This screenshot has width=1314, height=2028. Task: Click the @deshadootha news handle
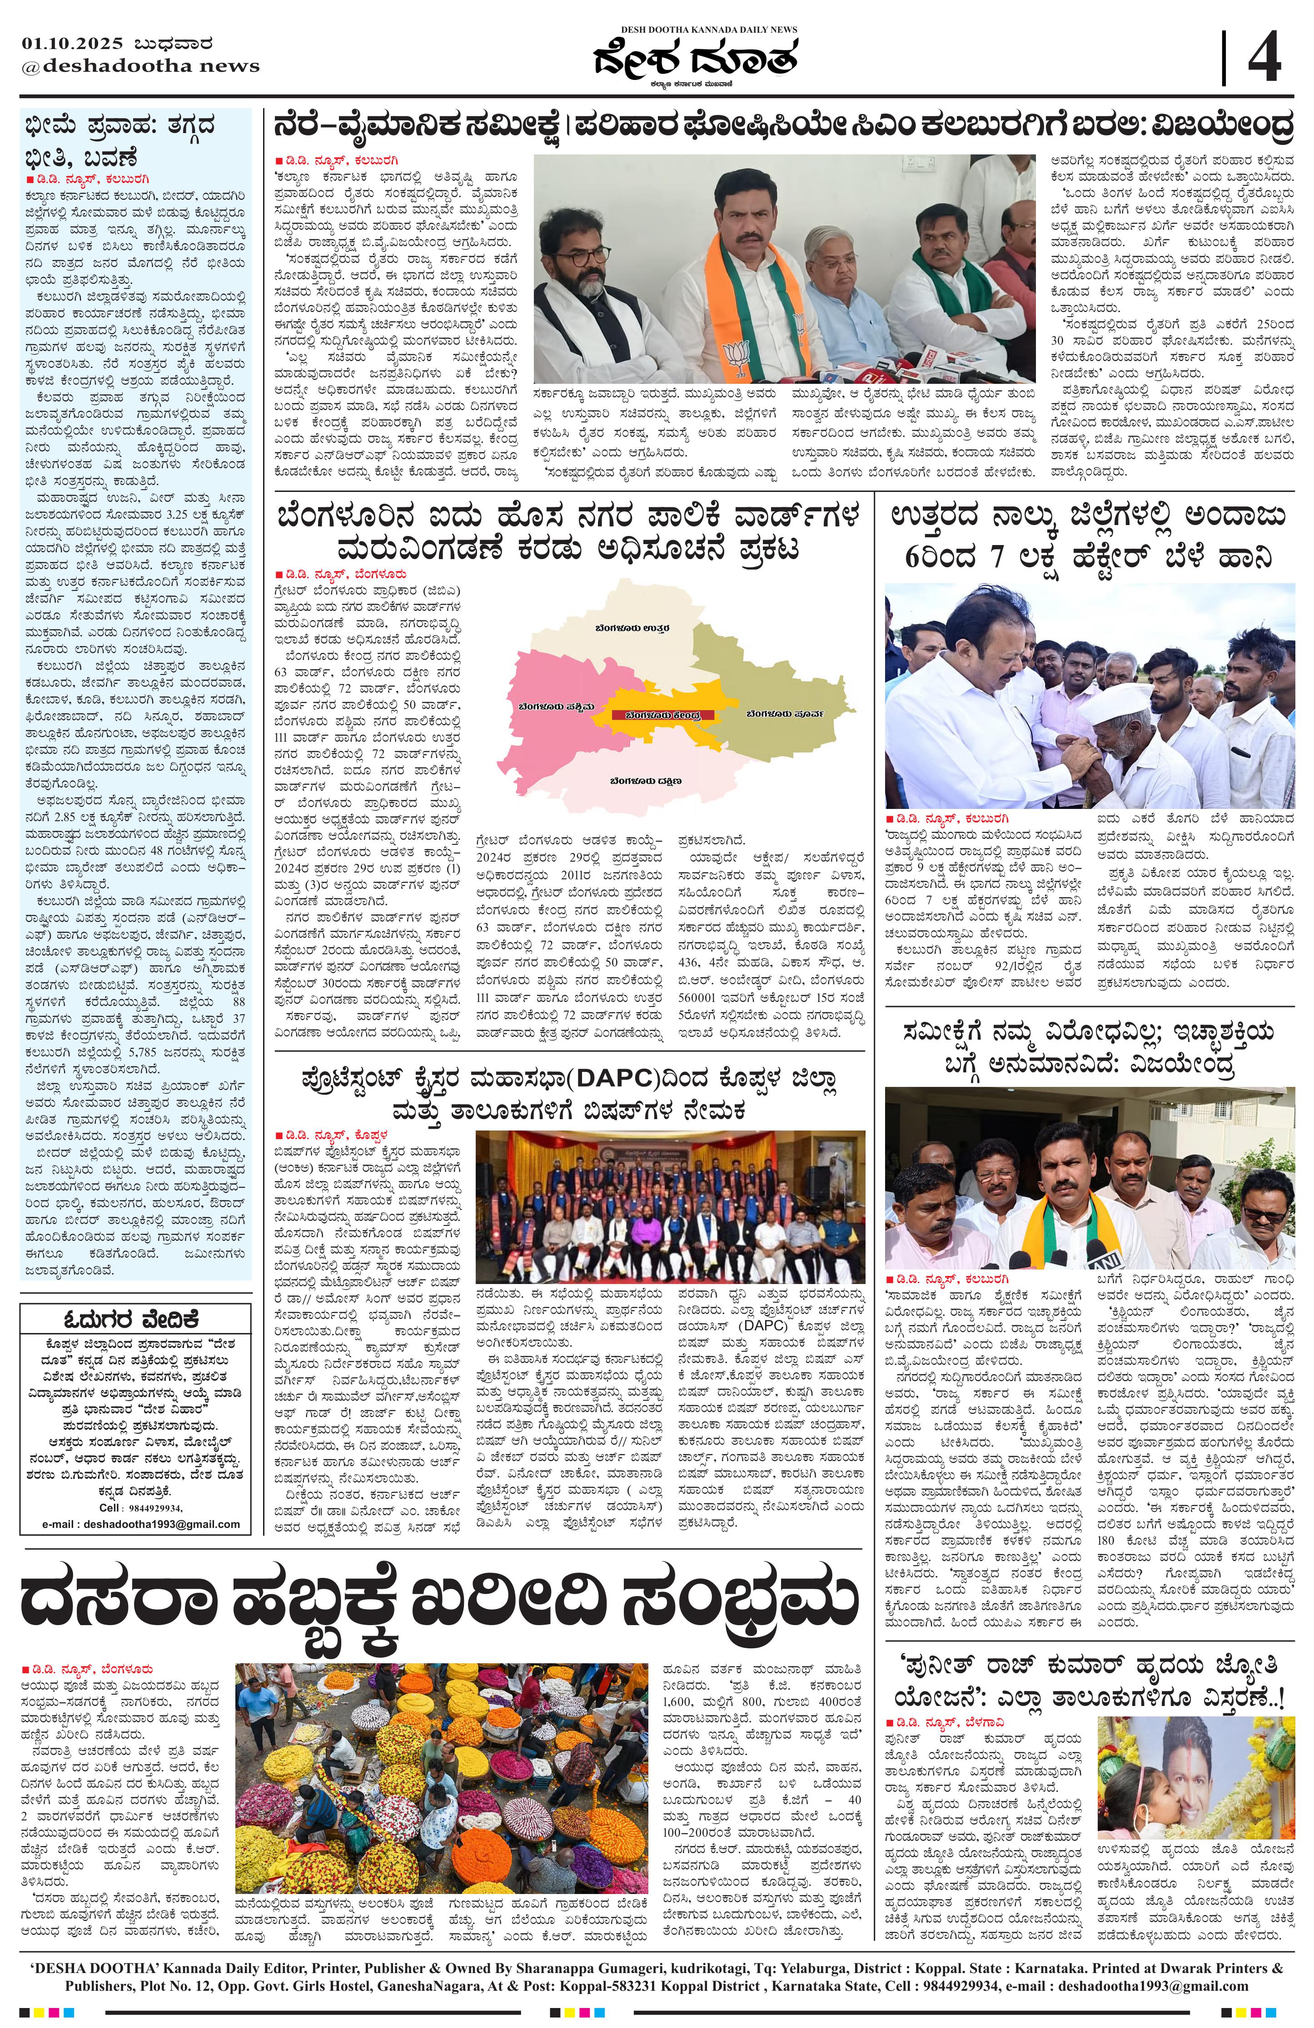click(140, 65)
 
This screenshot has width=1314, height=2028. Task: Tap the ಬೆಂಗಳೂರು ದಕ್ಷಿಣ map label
click(645, 780)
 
